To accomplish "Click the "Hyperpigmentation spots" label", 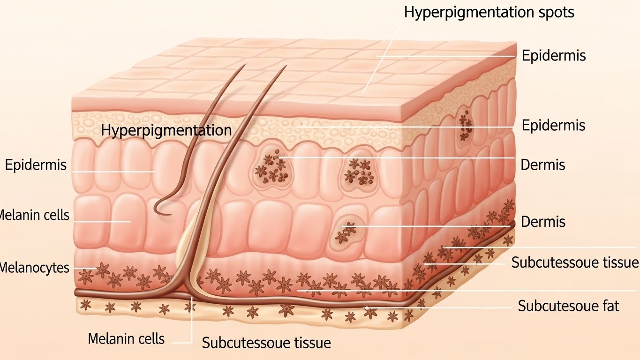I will click(x=489, y=12).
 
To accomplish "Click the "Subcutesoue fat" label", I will click(x=568, y=306).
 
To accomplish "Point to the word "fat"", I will click(x=609, y=306).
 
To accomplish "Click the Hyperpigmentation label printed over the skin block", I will click(x=166, y=130).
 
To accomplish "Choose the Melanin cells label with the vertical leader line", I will click(x=126, y=338).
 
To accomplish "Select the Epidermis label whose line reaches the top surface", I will click(x=554, y=55).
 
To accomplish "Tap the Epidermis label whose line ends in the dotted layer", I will click(x=554, y=125).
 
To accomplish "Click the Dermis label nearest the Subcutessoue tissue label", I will click(x=543, y=221).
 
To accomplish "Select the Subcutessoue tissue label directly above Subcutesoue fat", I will click(x=575, y=262).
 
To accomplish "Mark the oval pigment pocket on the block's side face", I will click(x=466, y=123).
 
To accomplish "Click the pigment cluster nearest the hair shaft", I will click(x=270, y=167).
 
